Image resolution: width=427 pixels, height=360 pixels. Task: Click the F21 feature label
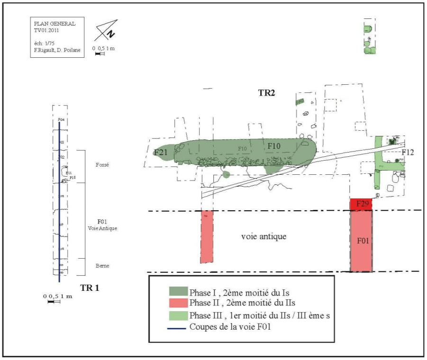[x=162, y=152]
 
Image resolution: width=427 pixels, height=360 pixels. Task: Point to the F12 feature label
[x=408, y=152]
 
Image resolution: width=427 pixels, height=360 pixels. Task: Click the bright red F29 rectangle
[x=361, y=204]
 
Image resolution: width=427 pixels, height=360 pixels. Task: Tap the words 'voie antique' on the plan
[x=264, y=236]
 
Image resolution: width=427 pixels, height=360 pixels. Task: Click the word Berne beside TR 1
[x=102, y=266]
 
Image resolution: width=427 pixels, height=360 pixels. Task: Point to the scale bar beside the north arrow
[x=100, y=54]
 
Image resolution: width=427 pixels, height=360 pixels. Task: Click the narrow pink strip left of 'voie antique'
[x=207, y=236]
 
